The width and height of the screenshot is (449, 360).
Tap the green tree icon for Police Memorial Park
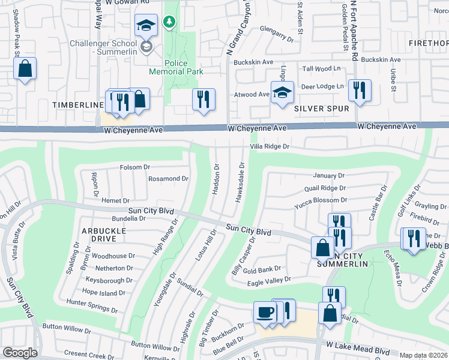click(x=170, y=22)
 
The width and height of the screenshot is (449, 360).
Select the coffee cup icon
click(x=265, y=312)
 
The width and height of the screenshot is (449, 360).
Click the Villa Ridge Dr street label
click(x=270, y=146)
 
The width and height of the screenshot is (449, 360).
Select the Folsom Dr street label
click(x=134, y=167)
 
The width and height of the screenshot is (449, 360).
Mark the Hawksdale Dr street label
click(x=243, y=182)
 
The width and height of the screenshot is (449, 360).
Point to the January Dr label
click(x=329, y=176)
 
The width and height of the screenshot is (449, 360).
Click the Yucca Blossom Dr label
click(x=321, y=200)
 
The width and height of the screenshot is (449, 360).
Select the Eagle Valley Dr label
click(x=268, y=280)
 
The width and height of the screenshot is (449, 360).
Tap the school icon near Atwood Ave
click(x=282, y=92)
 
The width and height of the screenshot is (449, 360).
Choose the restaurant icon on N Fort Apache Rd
click(x=360, y=90)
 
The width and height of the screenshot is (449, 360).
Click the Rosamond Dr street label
click(x=168, y=179)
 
